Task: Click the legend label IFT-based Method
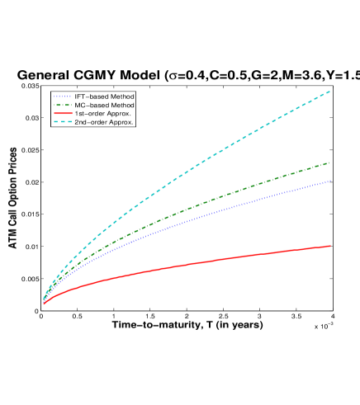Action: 104,97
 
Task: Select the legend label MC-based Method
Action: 104,105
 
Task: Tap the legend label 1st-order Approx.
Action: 102,113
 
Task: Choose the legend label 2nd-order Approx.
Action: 104,122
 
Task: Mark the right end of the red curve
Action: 330,246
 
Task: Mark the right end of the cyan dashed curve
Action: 330,91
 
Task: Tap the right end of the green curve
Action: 330,162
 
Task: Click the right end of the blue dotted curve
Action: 330,181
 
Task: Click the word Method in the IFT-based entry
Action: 121,97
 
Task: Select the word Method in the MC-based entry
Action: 121,105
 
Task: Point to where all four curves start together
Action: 43,302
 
